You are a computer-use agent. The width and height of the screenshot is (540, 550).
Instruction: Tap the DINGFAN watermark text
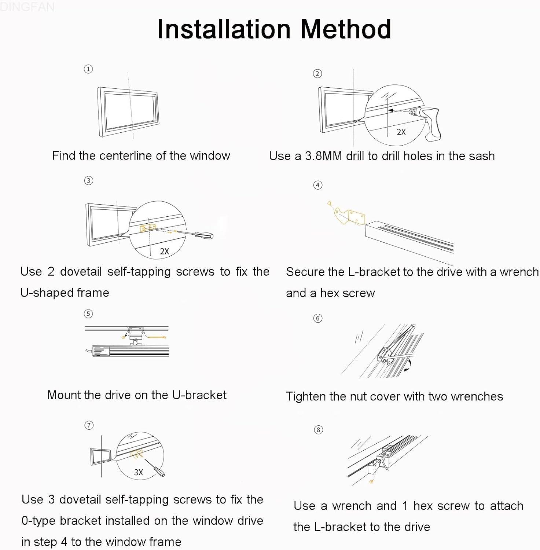click(x=27, y=6)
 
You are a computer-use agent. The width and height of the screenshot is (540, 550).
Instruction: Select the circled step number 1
click(x=88, y=69)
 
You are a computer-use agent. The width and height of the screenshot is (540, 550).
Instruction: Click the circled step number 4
click(x=317, y=185)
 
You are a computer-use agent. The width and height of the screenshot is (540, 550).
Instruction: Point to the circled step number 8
click(x=318, y=430)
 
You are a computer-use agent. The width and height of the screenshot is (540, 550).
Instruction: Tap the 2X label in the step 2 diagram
click(x=401, y=132)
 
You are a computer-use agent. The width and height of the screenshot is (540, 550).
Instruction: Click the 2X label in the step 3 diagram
click(x=164, y=252)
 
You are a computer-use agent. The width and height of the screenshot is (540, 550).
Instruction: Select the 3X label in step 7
click(x=138, y=473)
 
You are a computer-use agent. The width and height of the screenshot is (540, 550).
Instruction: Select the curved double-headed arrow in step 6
click(x=408, y=366)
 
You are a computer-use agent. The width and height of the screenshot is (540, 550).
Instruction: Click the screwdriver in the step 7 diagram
click(x=155, y=467)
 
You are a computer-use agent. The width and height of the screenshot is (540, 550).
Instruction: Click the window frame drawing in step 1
click(x=128, y=111)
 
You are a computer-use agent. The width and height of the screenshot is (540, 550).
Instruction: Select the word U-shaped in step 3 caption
click(x=65, y=293)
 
